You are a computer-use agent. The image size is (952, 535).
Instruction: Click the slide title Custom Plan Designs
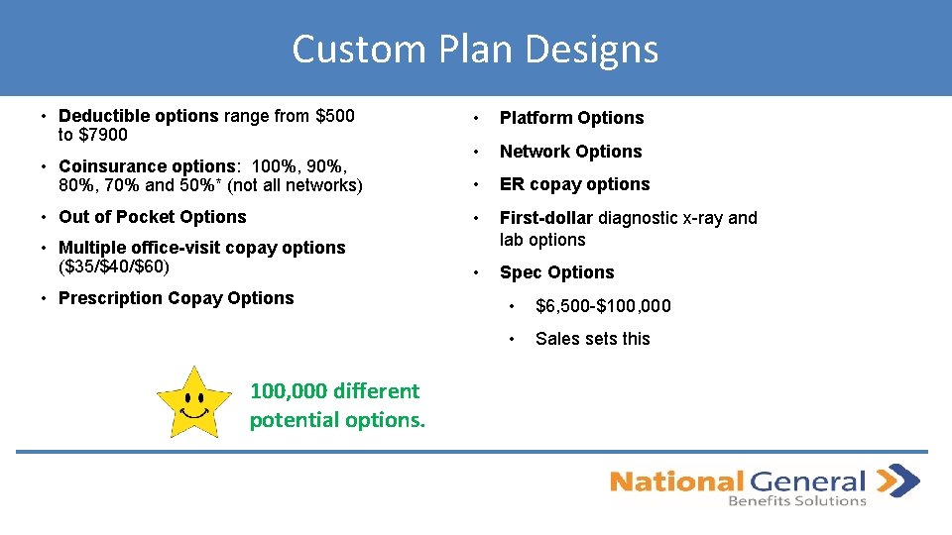475,49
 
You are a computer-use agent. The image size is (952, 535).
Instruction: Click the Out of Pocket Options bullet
153,217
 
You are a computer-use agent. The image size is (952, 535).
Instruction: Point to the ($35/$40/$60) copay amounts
114,267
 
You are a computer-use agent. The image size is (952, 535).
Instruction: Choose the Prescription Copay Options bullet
177,298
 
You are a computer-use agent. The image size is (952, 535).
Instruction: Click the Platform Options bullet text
571,118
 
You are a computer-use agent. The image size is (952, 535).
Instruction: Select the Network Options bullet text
570,152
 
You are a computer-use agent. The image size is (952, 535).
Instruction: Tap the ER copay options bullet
574,184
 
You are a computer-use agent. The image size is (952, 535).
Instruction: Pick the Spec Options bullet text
556,272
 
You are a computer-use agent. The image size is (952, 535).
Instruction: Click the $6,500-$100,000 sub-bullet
603,306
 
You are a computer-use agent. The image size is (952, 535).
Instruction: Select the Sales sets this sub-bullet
592,339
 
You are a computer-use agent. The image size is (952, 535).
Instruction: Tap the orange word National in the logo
675,482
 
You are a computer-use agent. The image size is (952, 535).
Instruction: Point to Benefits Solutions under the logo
796,501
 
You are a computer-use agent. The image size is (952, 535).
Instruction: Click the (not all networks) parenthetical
298,185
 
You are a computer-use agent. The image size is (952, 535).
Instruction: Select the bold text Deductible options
139,116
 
